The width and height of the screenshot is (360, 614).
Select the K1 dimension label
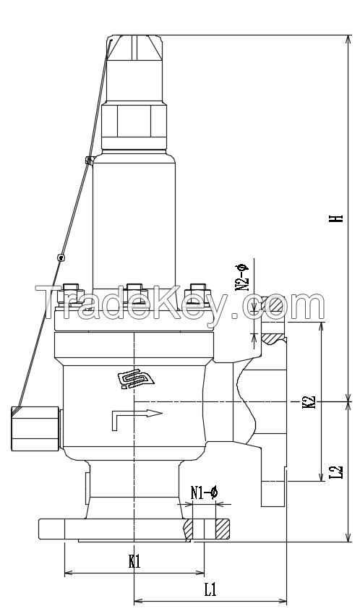pyautogui.click(x=134, y=560)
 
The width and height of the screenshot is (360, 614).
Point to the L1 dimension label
pyautogui.click(x=210, y=589)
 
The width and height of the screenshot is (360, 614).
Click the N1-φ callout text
pyautogui.click(x=204, y=493)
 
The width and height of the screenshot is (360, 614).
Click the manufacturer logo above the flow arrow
pyautogui.click(x=134, y=380)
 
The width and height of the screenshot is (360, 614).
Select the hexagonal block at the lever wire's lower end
pyautogui.click(x=23, y=427)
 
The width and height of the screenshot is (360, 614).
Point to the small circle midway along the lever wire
pyautogui.click(x=61, y=257)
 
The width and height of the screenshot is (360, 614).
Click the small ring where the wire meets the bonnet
pyautogui.click(x=89, y=161)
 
